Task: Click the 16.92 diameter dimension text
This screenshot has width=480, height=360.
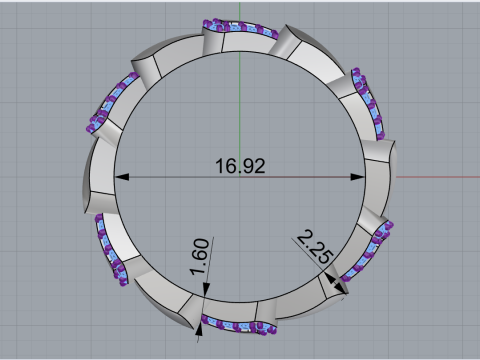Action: point(240,166)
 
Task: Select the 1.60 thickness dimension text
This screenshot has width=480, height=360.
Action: point(200,257)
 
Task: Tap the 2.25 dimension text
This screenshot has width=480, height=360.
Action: point(315,247)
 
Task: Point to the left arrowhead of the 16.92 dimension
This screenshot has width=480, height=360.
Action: point(122,177)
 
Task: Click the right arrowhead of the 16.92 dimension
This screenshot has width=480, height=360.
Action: point(357,177)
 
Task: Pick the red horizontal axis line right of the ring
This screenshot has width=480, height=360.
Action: point(438,177)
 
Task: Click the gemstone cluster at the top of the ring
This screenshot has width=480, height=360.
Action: point(240,27)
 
